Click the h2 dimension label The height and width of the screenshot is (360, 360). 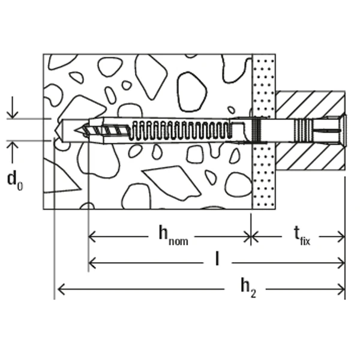click(x=247, y=289)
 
